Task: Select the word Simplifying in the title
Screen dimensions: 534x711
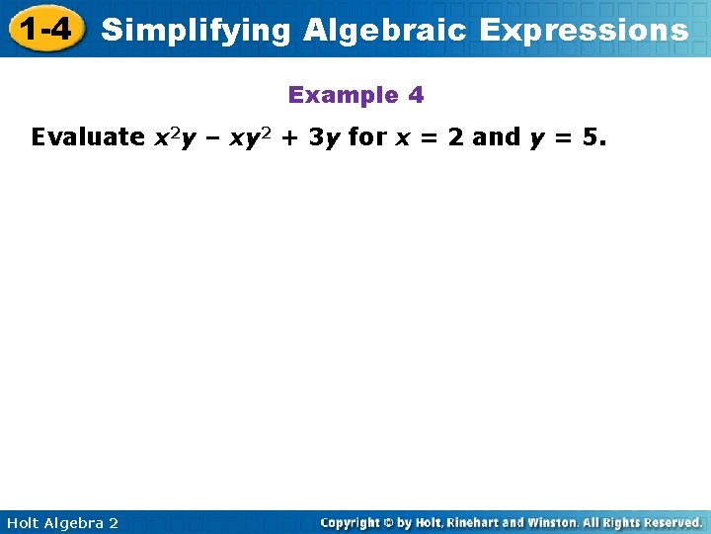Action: (x=197, y=31)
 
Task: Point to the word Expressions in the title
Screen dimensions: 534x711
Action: (x=584, y=31)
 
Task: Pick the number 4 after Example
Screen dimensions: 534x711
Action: (x=416, y=96)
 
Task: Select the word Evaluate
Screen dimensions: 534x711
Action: (x=88, y=137)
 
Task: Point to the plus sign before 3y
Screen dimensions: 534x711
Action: (x=293, y=138)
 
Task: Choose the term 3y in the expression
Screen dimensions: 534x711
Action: (x=325, y=137)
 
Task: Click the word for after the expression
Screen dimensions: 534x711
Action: (x=367, y=137)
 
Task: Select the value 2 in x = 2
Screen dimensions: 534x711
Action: (x=455, y=137)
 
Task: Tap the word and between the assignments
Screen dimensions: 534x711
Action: (x=497, y=137)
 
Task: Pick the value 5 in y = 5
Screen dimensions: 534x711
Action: (x=590, y=137)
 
